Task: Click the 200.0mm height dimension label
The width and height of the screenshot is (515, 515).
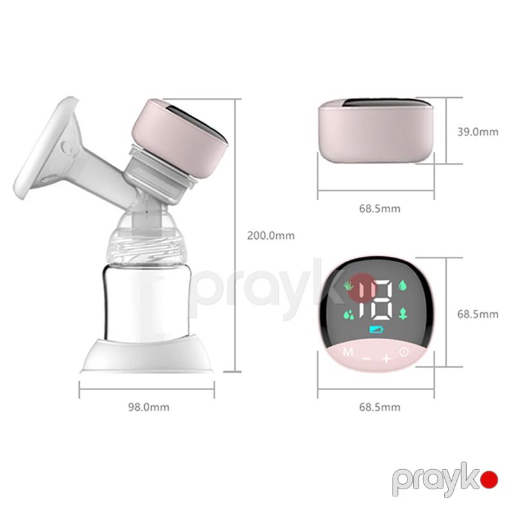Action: click(270, 236)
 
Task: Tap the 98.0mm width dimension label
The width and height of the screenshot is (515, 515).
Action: click(149, 407)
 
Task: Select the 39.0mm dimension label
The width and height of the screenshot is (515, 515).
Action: click(478, 132)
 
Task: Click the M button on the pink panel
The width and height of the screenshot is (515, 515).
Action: click(348, 352)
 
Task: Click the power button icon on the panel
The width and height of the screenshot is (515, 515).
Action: click(404, 352)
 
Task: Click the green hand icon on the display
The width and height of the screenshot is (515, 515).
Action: click(348, 285)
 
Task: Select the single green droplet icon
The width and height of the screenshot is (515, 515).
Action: click(403, 285)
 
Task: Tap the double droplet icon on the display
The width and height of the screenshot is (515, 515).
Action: click(349, 315)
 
